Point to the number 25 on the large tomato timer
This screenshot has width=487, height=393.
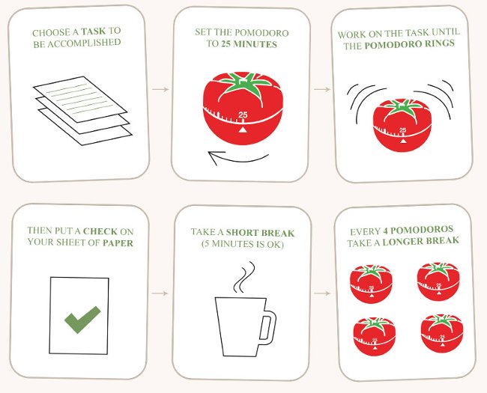click(242, 115)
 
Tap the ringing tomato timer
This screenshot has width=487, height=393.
click(402, 123)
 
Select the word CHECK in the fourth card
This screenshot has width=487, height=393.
click(100, 231)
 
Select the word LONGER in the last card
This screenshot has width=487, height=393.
click(413, 241)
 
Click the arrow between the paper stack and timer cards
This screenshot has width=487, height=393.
click(160, 90)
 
